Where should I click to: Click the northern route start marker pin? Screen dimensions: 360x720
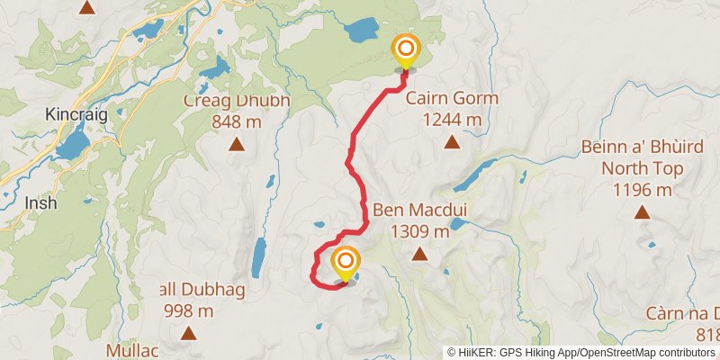click(x=406, y=50)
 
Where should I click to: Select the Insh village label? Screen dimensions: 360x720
click(x=40, y=202)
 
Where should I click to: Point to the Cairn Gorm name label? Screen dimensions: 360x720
click(x=452, y=98)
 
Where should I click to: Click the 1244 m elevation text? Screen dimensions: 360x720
click(x=452, y=119)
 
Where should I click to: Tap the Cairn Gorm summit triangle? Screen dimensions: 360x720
click(x=452, y=141)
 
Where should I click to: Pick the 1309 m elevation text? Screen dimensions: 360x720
click(x=419, y=232)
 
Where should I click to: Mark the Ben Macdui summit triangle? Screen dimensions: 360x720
click(x=419, y=255)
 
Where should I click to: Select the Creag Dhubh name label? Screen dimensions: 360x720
click(x=238, y=100)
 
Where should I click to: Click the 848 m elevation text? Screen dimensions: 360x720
click(x=238, y=121)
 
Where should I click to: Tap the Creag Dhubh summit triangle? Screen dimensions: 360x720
click(x=237, y=143)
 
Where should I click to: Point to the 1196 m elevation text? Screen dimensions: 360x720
click(x=642, y=190)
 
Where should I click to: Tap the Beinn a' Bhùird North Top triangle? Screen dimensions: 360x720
click(x=642, y=212)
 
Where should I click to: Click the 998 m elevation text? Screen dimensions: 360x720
click(x=189, y=311)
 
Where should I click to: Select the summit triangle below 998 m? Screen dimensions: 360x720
click(x=189, y=334)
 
